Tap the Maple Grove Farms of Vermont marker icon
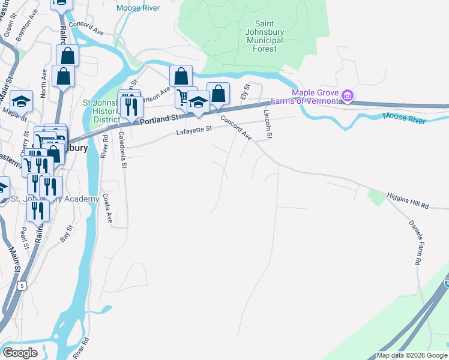click(347, 96)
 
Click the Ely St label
click(244, 92)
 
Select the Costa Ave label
click(107, 208)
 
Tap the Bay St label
click(65, 233)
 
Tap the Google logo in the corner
click(20, 353)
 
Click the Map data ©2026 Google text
click(411, 355)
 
